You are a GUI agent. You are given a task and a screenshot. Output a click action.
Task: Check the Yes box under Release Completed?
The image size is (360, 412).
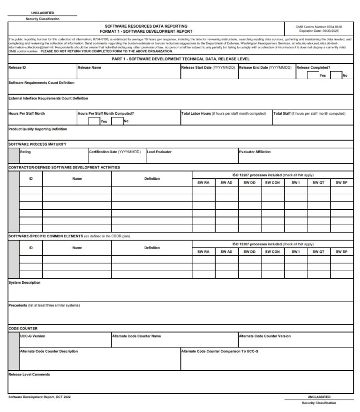pos(313,75)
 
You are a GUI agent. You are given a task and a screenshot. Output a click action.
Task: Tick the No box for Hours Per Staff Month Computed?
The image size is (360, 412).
pos(117,121)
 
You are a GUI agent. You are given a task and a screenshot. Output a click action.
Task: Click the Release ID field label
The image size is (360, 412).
pos(17,67)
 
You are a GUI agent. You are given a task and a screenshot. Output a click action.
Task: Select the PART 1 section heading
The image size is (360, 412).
pos(180,59)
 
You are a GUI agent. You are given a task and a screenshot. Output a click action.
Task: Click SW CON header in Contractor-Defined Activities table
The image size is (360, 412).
pos(272,183)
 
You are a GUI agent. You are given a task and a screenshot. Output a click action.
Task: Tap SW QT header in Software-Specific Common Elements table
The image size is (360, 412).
pos(318,251)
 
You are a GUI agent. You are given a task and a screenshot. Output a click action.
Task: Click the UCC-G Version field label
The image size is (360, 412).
pos(33,336)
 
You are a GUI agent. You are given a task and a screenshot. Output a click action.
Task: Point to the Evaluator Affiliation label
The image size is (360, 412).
pos(255,152)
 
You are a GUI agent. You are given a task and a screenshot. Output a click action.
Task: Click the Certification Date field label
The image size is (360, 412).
pos(115,152)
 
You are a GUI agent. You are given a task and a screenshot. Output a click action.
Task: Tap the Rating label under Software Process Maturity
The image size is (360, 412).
pos(26,152)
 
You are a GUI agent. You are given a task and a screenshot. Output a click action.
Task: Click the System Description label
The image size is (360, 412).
pos(24,282)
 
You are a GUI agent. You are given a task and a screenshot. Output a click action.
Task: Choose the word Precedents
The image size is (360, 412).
pos(18,305)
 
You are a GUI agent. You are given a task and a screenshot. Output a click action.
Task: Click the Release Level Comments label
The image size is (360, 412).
pos(29,374)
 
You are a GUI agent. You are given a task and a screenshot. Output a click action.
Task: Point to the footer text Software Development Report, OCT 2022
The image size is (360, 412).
pos(39,397)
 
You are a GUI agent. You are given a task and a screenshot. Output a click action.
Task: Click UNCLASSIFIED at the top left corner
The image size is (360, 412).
pos(42,13)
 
